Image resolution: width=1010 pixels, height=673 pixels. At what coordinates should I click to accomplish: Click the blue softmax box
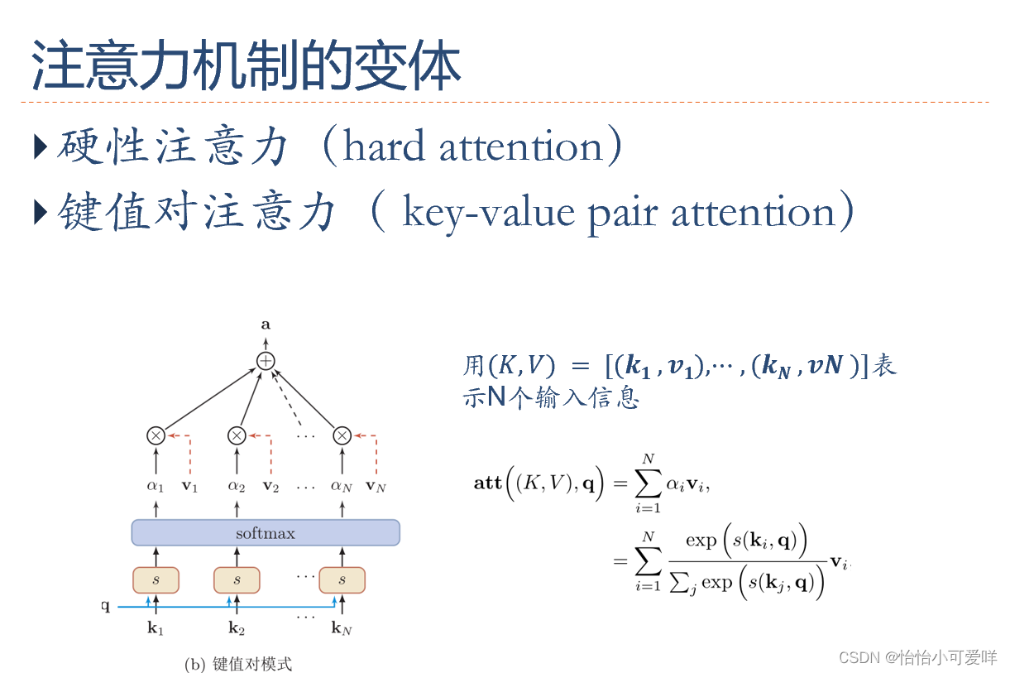pyautogui.click(x=266, y=532)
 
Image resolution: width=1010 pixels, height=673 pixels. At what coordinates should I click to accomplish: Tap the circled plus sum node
pyautogui.click(x=266, y=361)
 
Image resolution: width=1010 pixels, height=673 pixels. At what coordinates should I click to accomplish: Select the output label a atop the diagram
pyautogui.click(x=266, y=325)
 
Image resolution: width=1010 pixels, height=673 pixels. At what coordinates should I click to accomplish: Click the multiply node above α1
pyautogui.click(x=156, y=435)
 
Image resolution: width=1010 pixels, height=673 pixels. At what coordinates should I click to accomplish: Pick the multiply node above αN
pyautogui.click(x=342, y=435)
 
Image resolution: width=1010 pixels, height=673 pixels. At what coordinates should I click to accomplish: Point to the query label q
pyautogui.click(x=105, y=606)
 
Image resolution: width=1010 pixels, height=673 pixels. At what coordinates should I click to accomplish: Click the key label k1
pyautogui.click(x=156, y=629)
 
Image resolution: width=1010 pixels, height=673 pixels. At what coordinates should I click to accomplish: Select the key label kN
pyautogui.click(x=342, y=629)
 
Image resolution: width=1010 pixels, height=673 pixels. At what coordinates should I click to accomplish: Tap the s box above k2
pyautogui.click(x=237, y=580)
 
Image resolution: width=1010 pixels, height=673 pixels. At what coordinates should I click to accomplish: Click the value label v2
pyautogui.click(x=270, y=487)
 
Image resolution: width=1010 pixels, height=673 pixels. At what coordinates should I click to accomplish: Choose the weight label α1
pyautogui.click(x=156, y=487)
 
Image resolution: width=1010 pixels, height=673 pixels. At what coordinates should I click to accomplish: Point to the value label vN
pyautogui.click(x=376, y=487)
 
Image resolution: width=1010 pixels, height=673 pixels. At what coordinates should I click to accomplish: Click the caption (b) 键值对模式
pyautogui.click(x=238, y=664)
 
